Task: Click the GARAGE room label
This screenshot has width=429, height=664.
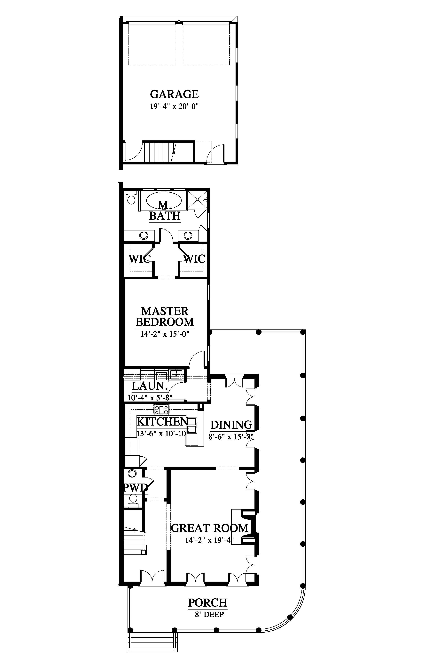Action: point(174,94)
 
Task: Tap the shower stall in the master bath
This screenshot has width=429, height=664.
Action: point(197,200)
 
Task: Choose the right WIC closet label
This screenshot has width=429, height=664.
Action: point(194,259)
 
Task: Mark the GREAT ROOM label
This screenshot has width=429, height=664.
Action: point(209,528)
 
